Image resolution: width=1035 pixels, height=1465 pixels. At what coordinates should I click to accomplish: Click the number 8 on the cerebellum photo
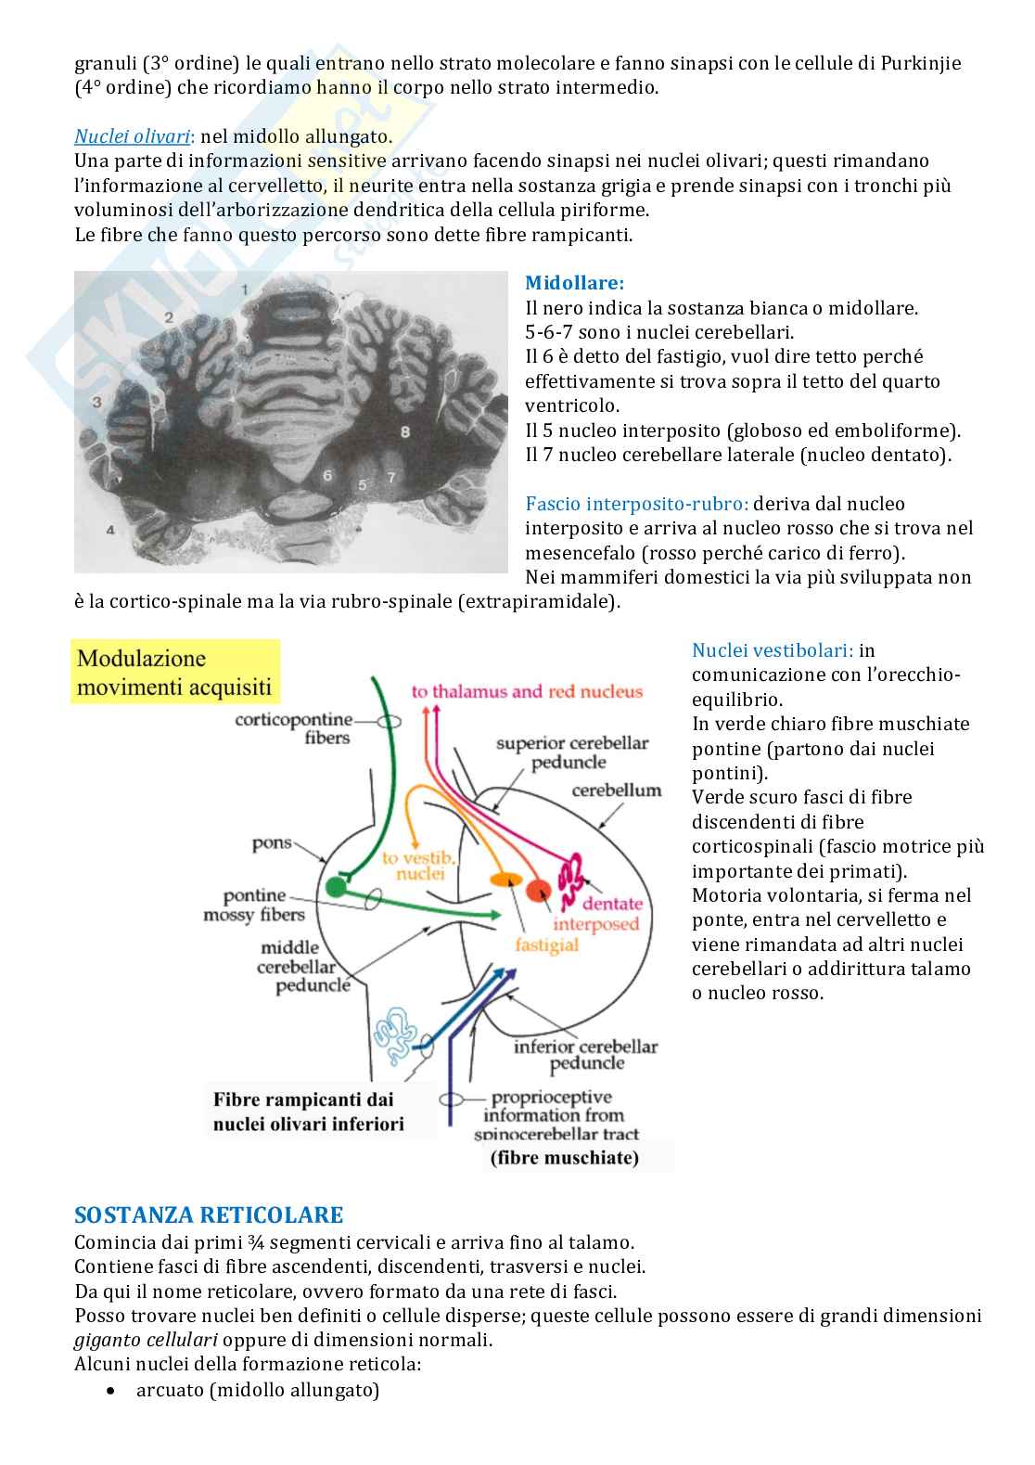click(404, 431)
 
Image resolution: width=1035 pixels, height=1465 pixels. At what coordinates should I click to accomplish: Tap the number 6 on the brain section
click(327, 475)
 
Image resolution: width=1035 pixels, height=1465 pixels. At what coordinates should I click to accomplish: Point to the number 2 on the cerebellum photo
click(169, 317)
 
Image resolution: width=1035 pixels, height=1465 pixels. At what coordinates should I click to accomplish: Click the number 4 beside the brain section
click(110, 530)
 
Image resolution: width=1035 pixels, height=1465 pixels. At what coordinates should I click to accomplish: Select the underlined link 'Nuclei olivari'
click(133, 136)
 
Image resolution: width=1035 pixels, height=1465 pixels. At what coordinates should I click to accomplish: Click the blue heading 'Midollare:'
click(574, 283)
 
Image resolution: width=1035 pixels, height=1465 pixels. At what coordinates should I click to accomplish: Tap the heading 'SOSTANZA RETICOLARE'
click(208, 1214)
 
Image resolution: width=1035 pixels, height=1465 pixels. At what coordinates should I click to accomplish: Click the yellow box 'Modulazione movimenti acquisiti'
click(174, 672)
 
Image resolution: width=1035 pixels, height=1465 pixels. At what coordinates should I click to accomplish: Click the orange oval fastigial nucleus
click(505, 879)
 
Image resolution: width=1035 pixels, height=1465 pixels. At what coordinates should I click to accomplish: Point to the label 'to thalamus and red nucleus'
click(527, 691)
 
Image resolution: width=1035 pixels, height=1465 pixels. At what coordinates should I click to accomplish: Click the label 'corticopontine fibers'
click(295, 728)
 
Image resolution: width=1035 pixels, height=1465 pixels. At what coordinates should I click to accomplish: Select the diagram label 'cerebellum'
click(617, 790)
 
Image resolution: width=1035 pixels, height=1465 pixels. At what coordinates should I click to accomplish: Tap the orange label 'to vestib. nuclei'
click(415, 866)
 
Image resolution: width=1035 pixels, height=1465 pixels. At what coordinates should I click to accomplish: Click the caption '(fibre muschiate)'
click(564, 1158)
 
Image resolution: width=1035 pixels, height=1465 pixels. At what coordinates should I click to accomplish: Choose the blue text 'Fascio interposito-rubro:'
click(636, 504)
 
